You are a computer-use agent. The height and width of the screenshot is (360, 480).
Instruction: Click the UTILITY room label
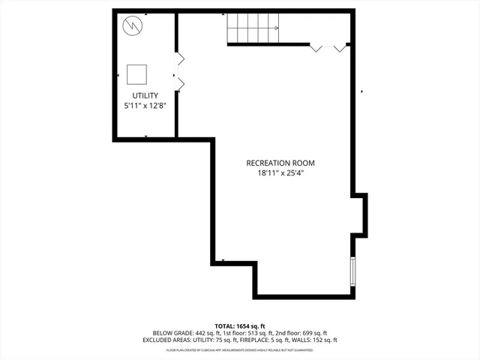coord(145,96)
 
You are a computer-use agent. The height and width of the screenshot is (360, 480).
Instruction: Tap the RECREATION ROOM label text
coord(280,163)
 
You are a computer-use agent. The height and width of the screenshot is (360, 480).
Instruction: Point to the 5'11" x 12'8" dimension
coord(145,106)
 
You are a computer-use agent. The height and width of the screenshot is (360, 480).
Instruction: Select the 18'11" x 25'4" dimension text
coord(280,173)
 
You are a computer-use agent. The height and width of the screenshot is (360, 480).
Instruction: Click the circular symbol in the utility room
coord(133,25)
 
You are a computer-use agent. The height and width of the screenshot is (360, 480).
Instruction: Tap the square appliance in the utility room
coord(136,73)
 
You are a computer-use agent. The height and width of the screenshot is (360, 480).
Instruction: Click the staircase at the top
coord(253,28)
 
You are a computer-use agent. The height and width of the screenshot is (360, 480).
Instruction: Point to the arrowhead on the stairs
coord(276,28)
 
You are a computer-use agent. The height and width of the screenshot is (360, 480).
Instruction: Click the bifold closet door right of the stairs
coord(328,47)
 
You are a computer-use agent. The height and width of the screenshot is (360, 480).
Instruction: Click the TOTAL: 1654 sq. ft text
coord(240,325)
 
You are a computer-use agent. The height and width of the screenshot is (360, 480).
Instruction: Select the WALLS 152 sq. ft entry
coord(313,340)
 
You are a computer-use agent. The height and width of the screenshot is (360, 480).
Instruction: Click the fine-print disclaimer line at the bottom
coord(240,349)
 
